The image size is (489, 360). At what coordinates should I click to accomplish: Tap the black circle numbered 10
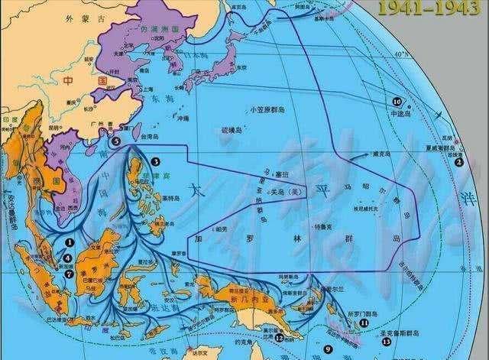[x=397, y=101]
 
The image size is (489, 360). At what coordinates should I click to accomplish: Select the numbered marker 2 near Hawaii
[x=459, y=162]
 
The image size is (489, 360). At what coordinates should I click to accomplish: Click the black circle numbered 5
[x=115, y=141]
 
